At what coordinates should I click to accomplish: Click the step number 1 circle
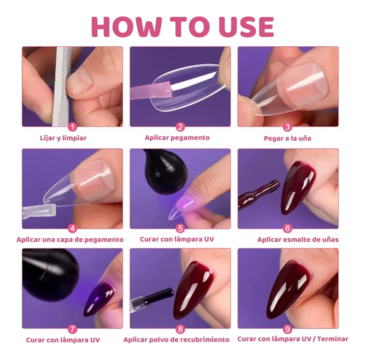pos(73,127)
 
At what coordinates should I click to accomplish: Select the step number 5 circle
pos(180,228)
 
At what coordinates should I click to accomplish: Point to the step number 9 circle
pos(288,329)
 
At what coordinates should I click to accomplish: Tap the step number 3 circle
pos(288,127)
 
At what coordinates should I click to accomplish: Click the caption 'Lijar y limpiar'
pos(63,138)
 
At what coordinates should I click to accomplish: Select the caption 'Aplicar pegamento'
pos(177,138)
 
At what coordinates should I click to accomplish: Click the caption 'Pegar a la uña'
pos(287,138)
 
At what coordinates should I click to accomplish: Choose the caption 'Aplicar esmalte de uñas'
pos(298,239)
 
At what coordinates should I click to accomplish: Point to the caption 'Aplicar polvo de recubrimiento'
pos(176,340)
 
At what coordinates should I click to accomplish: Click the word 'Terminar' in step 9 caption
pos(332,339)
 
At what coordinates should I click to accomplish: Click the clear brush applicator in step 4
pos(39,210)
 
